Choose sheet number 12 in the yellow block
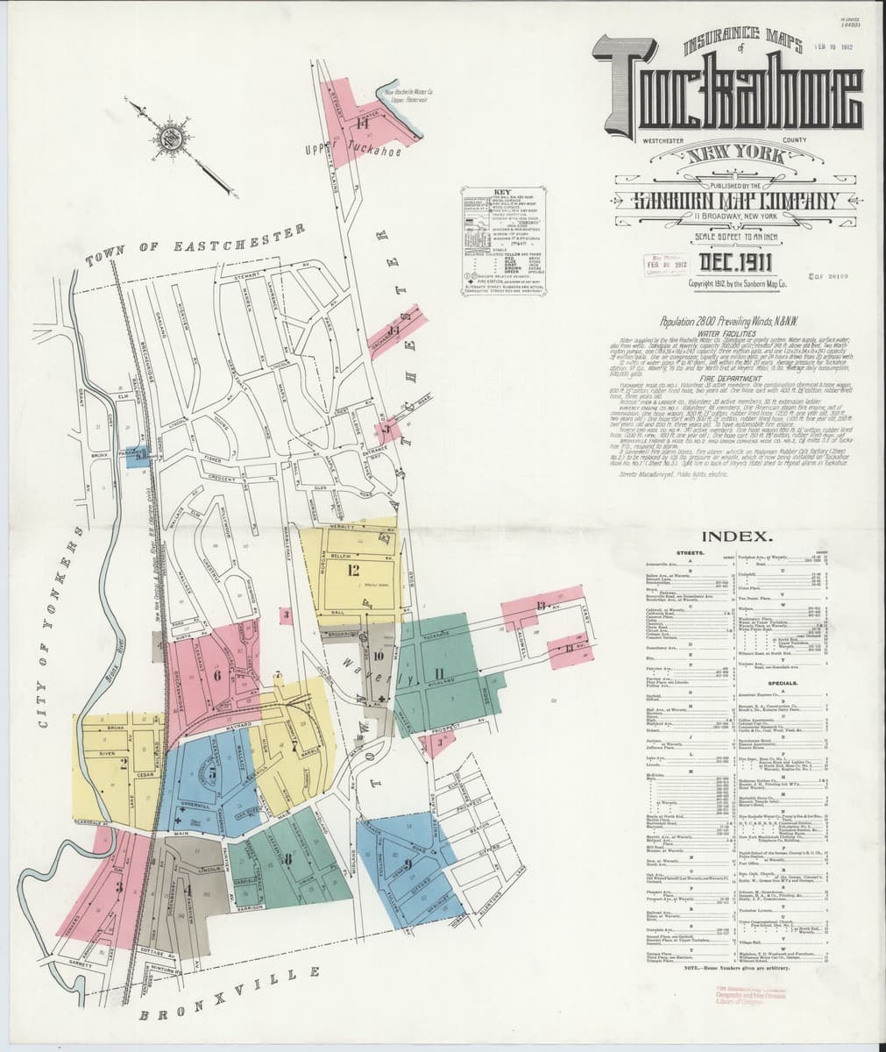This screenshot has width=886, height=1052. (353, 571)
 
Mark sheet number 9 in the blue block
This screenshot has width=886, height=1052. (408, 864)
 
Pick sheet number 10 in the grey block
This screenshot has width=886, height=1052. (378, 655)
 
